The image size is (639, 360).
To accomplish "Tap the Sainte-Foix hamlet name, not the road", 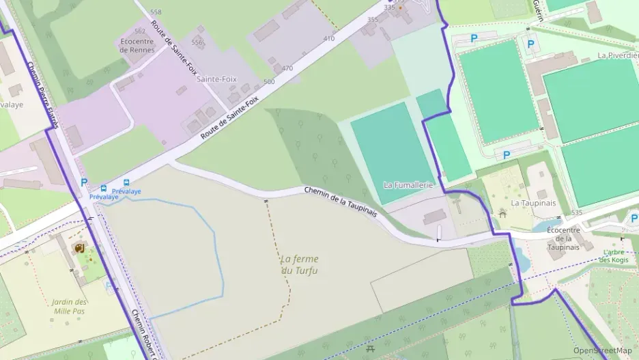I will [216, 79].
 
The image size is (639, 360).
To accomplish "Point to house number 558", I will [156, 12].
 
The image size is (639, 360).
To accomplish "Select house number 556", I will [197, 42].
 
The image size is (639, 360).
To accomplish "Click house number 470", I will [287, 68].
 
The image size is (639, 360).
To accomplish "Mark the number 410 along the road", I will [329, 38].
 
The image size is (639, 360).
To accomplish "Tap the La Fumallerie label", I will [409, 185].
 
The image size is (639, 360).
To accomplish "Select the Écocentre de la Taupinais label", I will [563, 238].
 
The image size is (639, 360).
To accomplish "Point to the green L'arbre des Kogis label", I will [615, 256].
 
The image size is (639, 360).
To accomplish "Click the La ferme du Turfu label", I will [299, 264].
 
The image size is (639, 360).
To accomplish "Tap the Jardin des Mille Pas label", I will [69, 306].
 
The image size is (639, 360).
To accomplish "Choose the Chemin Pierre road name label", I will [41, 96].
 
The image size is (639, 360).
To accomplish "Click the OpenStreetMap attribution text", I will [602, 350].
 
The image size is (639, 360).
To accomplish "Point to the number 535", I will [577, 213].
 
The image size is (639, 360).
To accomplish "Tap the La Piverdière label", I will [616, 55].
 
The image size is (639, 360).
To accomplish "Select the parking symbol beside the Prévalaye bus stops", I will [84, 182].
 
